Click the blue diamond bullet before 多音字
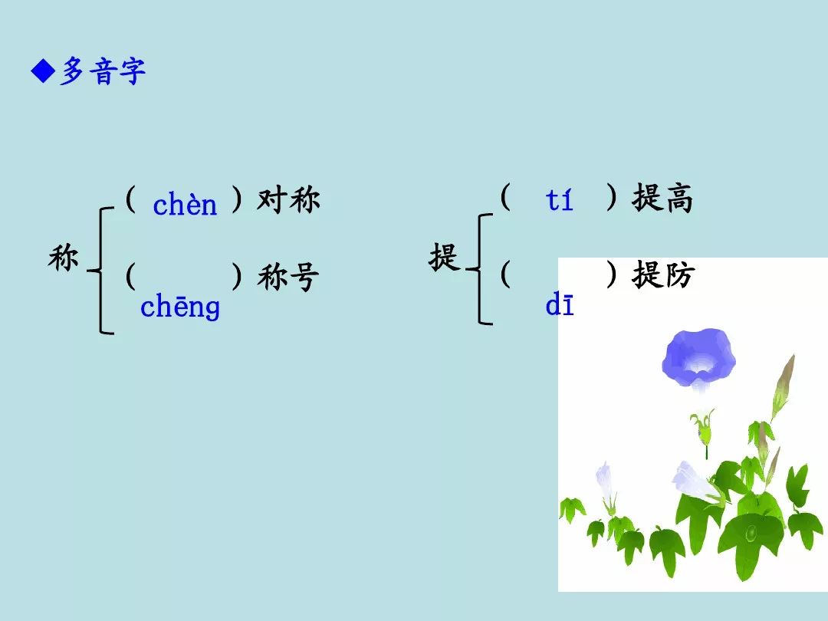click(x=43, y=71)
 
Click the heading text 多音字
click(x=102, y=71)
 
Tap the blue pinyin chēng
click(x=180, y=306)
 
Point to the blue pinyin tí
click(x=559, y=199)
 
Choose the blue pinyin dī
click(x=559, y=304)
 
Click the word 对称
click(x=288, y=199)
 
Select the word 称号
click(x=288, y=277)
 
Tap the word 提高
click(x=662, y=199)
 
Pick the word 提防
click(x=662, y=274)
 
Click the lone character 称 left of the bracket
click(x=64, y=258)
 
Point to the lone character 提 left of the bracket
click(x=444, y=257)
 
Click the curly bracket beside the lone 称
click(x=100, y=271)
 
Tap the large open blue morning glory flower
click(x=698, y=359)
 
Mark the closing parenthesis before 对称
click(x=237, y=199)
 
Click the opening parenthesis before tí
click(x=505, y=198)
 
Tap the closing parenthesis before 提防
click(x=611, y=274)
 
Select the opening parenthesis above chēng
click(x=130, y=276)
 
